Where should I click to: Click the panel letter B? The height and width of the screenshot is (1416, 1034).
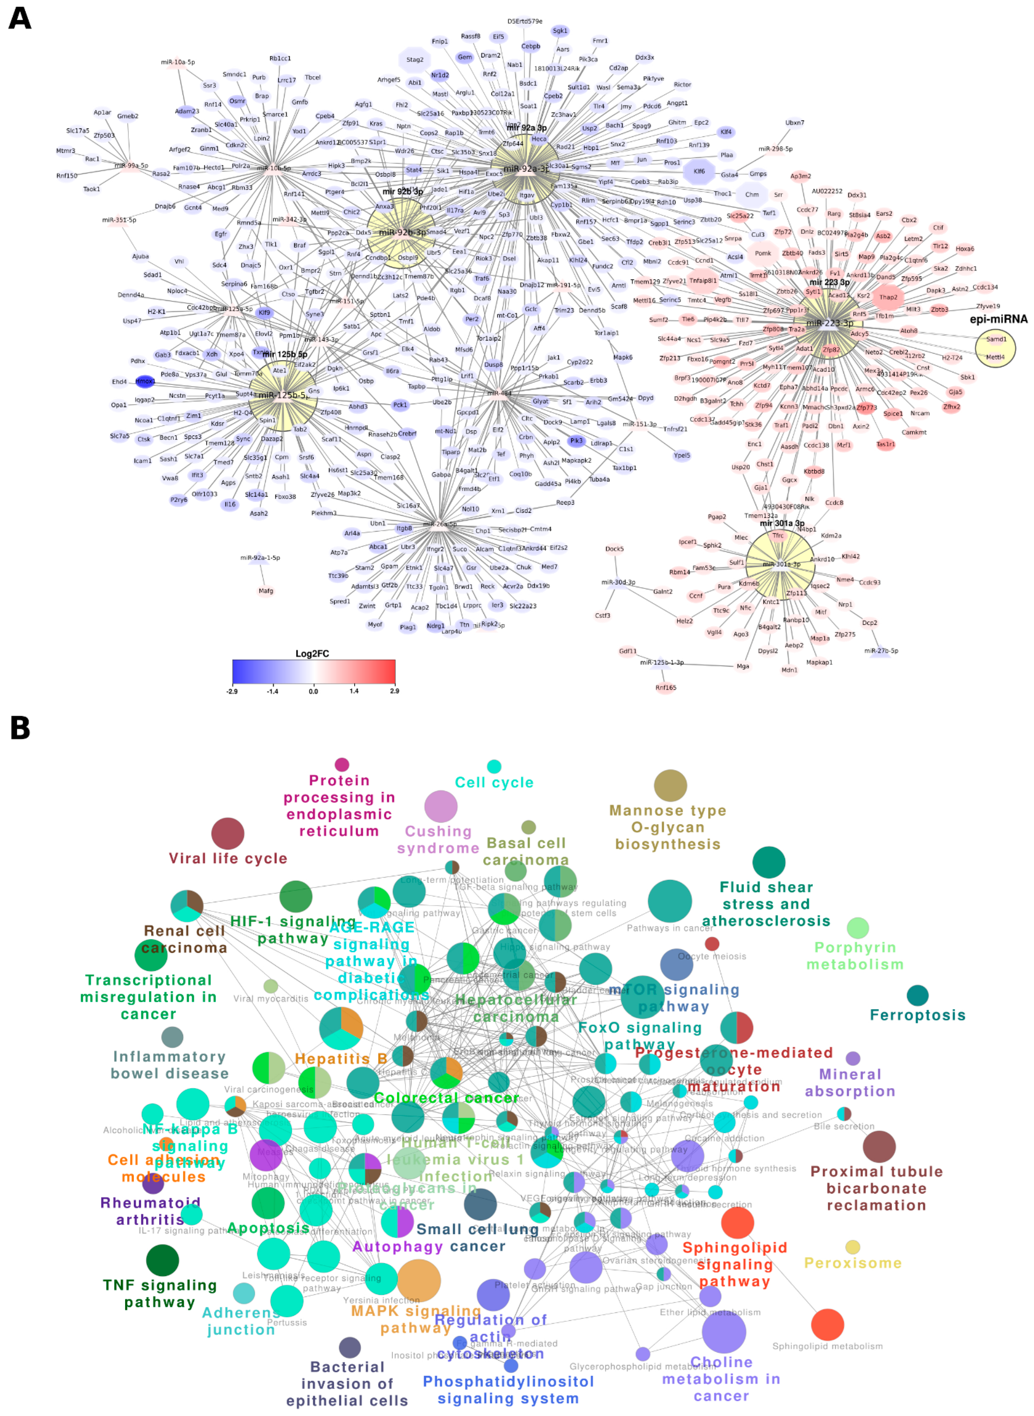(20, 728)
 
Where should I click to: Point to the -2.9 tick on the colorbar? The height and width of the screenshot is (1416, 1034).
(232, 691)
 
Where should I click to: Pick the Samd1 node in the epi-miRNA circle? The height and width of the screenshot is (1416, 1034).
(996, 339)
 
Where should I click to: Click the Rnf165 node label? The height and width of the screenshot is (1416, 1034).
(666, 688)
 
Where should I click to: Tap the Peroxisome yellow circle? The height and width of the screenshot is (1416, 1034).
(853, 1247)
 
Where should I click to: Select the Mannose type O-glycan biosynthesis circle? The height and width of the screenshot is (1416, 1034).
(670, 786)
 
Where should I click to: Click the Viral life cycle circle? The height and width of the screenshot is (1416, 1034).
(228, 833)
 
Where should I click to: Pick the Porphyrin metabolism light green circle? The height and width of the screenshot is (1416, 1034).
(858, 928)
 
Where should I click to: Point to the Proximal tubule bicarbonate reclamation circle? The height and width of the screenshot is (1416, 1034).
(879, 1147)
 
